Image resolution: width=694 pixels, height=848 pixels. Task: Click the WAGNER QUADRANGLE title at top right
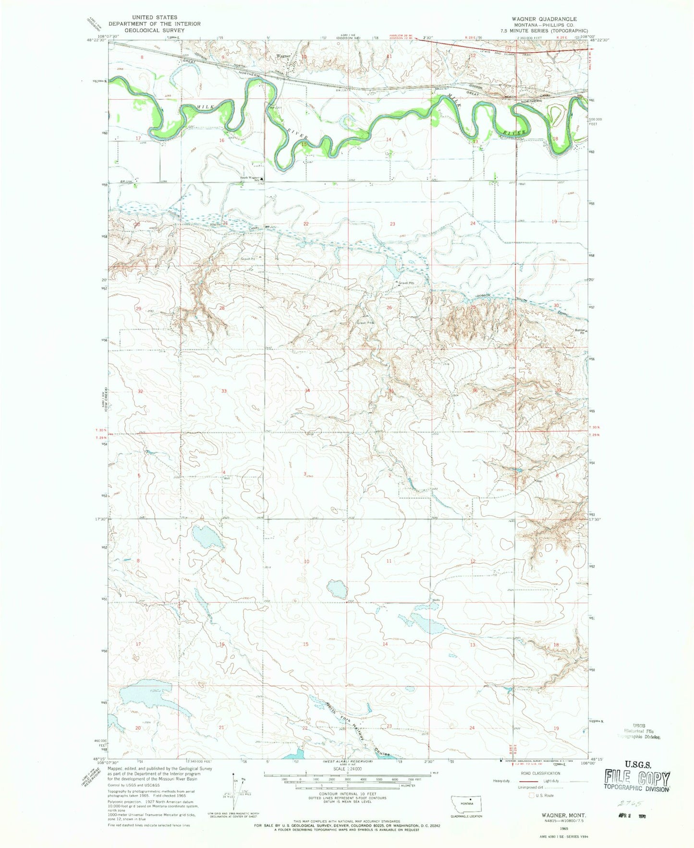point(544,19)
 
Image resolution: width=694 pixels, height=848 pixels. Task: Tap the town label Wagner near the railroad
point(282,56)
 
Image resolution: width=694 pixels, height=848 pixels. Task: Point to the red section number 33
point(224,391)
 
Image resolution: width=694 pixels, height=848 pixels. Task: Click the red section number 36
point(475,391)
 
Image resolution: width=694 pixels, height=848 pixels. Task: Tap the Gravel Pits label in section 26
point(406,283)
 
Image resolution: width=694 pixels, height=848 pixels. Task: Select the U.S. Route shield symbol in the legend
point(532,795)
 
